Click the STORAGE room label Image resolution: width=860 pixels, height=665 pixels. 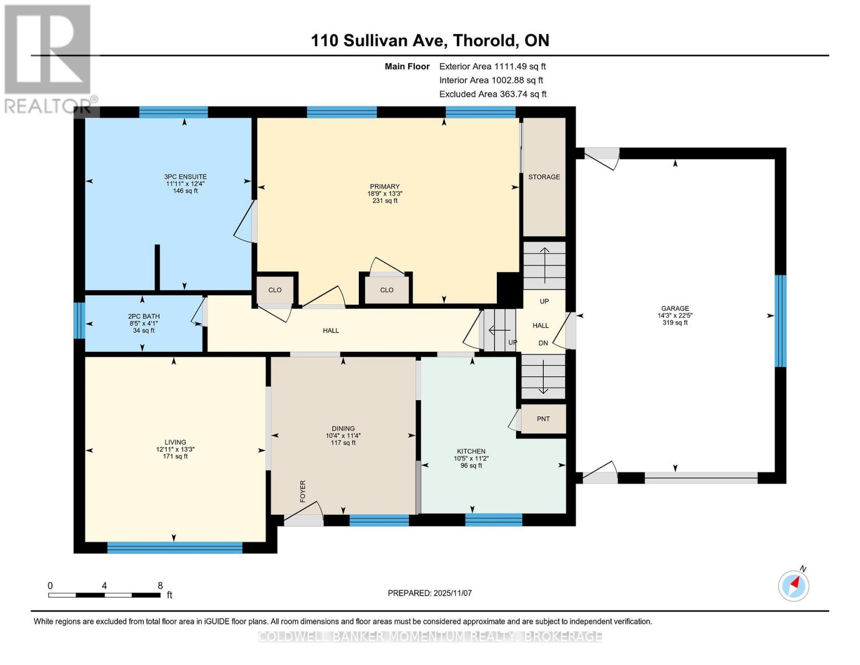pos(544,177)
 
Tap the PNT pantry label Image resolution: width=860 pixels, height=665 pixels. pos(543,419)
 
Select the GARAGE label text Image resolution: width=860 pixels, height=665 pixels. pos(674,309)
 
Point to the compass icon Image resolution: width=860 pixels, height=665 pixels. pos(794,585)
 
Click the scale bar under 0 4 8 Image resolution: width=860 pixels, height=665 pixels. pos(104,595)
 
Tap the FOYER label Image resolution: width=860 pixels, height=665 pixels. pos(303,492)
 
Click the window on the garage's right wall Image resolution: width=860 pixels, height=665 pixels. pos(780,321)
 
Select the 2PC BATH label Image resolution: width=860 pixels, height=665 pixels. pos(143,316)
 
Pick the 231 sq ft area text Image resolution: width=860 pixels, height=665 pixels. pos(385,201)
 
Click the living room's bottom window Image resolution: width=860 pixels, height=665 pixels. pos(174,548)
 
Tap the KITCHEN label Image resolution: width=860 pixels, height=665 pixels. pos(471,451)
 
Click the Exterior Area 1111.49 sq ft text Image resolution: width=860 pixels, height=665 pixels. pos(492,66)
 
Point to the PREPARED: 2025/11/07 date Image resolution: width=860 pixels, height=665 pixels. pos(430,593)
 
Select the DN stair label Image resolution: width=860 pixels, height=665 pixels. pos(543,344)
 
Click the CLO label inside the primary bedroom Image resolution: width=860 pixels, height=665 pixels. pos(387,290)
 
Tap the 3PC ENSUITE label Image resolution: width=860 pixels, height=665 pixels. pos(186,177)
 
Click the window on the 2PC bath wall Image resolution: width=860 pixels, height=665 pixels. pos(79,320)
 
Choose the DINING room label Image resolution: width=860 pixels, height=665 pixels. pos(343,428)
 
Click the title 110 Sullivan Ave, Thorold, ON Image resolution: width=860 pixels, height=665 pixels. pos(430,40)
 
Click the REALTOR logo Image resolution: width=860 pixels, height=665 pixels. pos(49,58)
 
